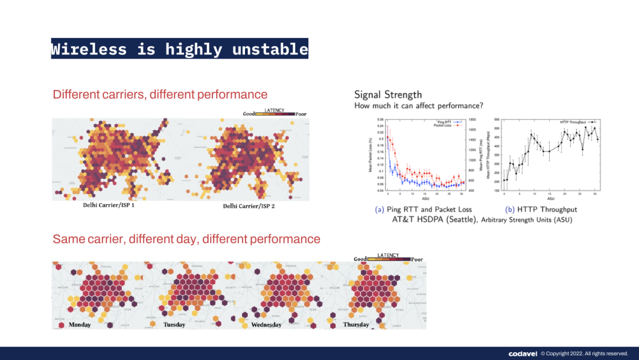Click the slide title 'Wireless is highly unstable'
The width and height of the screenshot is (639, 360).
click(x=179, y=49)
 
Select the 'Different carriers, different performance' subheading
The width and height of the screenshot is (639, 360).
click(x=160, y=95)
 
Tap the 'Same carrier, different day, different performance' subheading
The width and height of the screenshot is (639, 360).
click(x=186, y=239)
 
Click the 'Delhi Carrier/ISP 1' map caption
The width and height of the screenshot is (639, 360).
click(x=112, y=205)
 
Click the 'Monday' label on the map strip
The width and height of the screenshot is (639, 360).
click(x=80, y=324)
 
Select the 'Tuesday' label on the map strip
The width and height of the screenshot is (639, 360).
click(x=174, y=324)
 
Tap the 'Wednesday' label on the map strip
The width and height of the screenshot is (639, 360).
click(x=266, y=325)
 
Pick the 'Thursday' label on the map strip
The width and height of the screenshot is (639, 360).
click(x=356, y=324)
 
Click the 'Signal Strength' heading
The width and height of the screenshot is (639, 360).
click(x=388, y=95)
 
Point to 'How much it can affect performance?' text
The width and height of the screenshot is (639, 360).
click(x=419, y=106)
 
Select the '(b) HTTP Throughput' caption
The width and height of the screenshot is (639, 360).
click(x=541, y=210)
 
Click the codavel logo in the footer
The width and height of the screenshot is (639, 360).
click(x=522, y=353)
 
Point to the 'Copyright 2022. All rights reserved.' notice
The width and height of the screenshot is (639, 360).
click(x=588, y=353)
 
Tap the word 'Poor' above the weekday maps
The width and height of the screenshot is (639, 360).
click(x=417, y=259)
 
